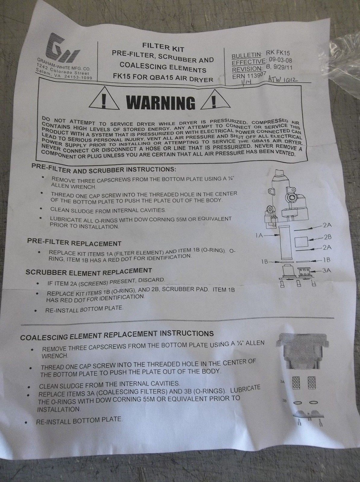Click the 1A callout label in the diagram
coord(260,236)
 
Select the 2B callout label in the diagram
coord(327,237)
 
